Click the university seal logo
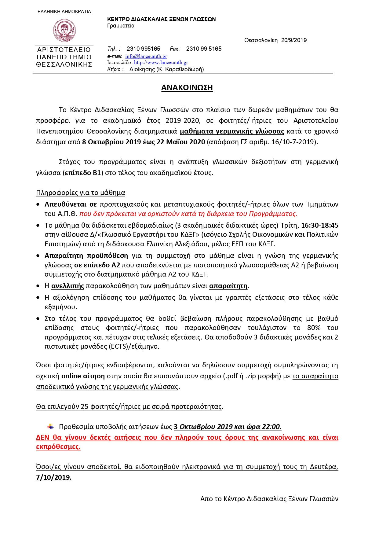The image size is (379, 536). tap(64, 30)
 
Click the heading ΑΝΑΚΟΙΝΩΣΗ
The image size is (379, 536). tap(187, 88)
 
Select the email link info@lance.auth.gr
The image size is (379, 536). tap(146, 56)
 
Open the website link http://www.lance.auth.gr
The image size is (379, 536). tap(161, 62)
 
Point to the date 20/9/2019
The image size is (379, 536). tap(294, 40)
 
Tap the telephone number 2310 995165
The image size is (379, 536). tap(143, 49)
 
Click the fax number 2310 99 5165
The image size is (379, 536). tap(204, 49)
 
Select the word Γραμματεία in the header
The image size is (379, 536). tap(121, 26)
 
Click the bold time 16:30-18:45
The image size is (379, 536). tap(319, 226)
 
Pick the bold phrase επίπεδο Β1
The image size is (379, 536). tap(83, 173)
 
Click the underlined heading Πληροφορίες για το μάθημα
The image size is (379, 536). tap(81, 193)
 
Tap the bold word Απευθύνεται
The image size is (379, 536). tap(65, 204)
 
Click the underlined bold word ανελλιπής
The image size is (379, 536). tap(67, 286)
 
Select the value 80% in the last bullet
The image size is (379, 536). tap(314, 328)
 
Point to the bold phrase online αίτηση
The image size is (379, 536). tap(83, 376)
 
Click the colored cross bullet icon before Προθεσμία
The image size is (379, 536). tap(51, 426)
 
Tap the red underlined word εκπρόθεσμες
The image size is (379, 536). tap(58, 447)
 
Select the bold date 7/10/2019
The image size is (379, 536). tap(54, 477)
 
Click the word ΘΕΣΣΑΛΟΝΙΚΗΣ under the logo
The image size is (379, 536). tap(64, 64)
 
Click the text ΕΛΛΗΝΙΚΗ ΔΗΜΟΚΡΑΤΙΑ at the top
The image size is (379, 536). tap(64, 12)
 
